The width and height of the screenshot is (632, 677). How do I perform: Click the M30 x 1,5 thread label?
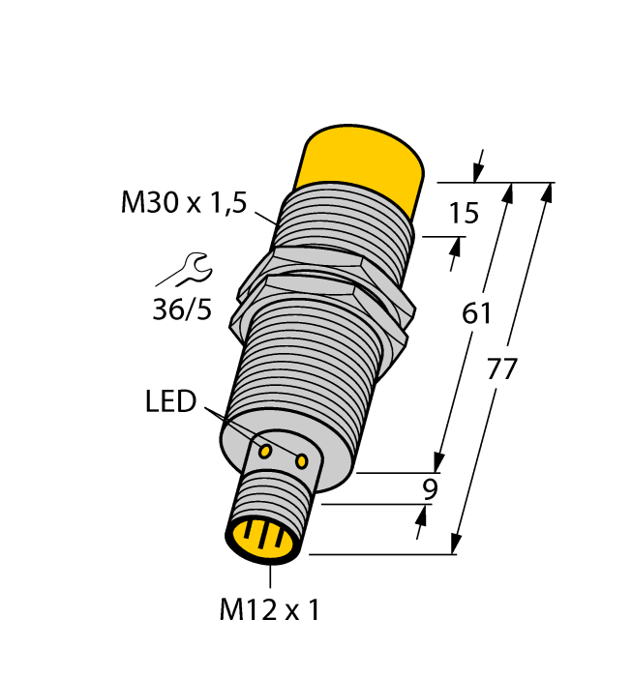184,203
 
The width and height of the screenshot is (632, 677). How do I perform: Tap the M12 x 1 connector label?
269,610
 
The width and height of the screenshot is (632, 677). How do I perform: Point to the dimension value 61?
477,313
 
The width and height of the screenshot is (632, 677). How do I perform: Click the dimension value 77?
503,368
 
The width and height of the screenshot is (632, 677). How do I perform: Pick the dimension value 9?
429,489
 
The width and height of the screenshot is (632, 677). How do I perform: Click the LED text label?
170,400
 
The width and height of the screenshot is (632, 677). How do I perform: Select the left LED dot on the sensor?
264,450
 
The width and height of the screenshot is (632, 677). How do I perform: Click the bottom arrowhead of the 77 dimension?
454,545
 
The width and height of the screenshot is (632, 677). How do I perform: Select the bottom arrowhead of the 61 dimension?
440,463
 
